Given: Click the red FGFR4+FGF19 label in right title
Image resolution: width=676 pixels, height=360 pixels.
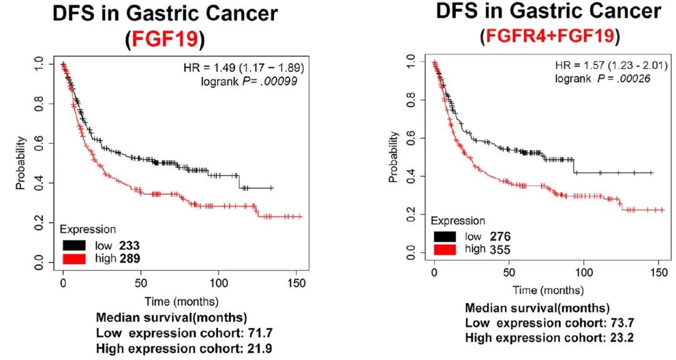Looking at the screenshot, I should click(x=548, y=37).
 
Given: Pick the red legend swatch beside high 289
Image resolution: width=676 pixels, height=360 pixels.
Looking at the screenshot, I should click(x=73, y=257).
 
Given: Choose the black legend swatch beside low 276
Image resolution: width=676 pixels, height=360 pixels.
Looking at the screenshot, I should click(x=444, y=236).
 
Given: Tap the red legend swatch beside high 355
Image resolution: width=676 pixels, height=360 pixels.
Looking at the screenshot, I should click(x=444, y=250).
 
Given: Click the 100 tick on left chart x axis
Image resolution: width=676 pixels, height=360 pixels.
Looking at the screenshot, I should click(x=219, y=284).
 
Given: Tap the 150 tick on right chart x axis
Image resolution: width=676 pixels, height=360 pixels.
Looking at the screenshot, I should click(x=658, y=274).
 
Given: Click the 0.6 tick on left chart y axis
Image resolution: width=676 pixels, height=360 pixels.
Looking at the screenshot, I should click(x=39, y=143).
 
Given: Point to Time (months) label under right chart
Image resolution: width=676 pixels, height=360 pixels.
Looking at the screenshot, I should click(x=548, y=291).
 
